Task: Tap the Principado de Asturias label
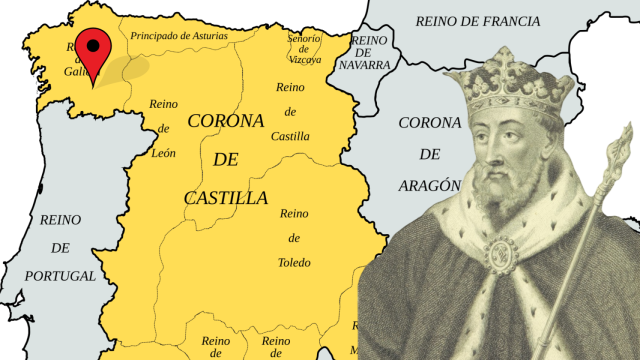point(178,36)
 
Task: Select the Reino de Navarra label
point(371,52)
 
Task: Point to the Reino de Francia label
point(477,21)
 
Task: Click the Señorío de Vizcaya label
point(304,48)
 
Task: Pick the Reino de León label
point(163,128)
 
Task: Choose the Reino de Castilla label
point(290,111)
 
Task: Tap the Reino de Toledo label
point(294,238)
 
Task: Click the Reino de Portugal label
point(61,247)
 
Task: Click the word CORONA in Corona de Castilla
point(225,122)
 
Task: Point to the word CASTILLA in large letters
point(226,198)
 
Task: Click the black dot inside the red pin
point(94,44)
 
